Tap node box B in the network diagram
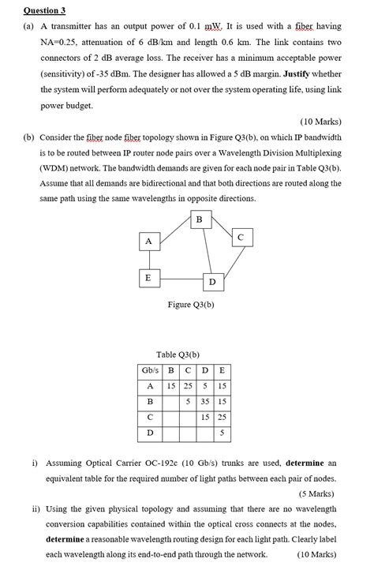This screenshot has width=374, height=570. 199,219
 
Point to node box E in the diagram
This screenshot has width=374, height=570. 147,278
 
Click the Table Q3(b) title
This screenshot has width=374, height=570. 177,354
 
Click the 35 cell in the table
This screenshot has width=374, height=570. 204,402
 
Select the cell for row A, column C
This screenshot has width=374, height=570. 188,386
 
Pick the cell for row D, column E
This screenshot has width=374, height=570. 222,433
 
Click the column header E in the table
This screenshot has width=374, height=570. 222,370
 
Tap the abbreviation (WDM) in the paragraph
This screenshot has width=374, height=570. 57,168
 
